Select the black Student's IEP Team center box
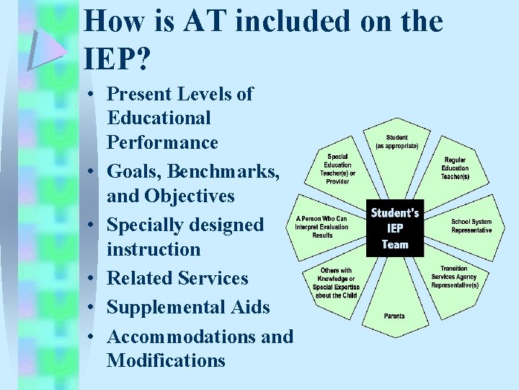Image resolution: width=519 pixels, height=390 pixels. tap(395, 228)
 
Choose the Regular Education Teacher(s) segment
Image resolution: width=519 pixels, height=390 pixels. tap(455, 168)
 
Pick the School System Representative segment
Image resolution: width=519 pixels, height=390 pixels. tap(471, 226)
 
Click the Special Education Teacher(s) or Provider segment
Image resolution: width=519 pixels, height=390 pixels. tap(337, 168)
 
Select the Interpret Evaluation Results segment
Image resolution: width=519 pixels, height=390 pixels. tap(321, 227)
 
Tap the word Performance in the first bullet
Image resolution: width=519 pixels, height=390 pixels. tap(162, 142)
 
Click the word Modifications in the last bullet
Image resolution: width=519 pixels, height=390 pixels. tap(166, 360)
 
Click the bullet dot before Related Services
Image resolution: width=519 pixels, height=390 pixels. tap(94, 279)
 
